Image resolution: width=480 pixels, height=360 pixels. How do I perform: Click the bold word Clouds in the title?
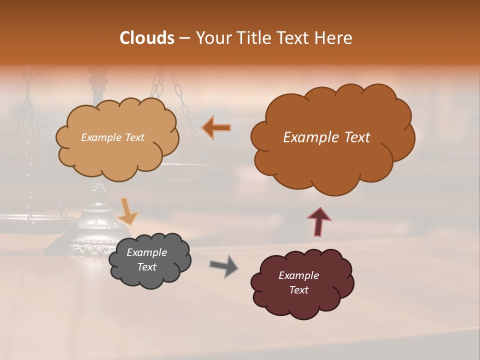pyautogui.click(x=147, y=38)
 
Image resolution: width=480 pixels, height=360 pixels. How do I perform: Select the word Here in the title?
pyautogui.click(x=334, y=38)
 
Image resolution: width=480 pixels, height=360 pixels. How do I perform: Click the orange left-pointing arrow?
pyautogui.click(x=216, y=128)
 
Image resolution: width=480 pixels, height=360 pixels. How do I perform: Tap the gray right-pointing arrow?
pyautogui.click(x=224, y=266)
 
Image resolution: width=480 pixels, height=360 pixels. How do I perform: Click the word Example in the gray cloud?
pyautogui.click(x=146, y=252)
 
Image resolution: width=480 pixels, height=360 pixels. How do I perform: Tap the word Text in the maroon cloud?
pyautogui.click(x=298, y=290)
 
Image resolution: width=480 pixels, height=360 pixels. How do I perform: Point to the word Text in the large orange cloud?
pyautogui.click(x=353, y=137)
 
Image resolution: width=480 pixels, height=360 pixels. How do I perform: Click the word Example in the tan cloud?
pyautogui.click(x=101, y=137)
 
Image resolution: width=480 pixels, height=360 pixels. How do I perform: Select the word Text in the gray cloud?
pyautogui.click(x=146, y=267)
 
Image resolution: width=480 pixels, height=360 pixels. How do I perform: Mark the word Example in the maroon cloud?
pyautogui.click(x=298, y=275)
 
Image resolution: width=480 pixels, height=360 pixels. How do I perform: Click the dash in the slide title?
pyautogui.click(x=184, y=38)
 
